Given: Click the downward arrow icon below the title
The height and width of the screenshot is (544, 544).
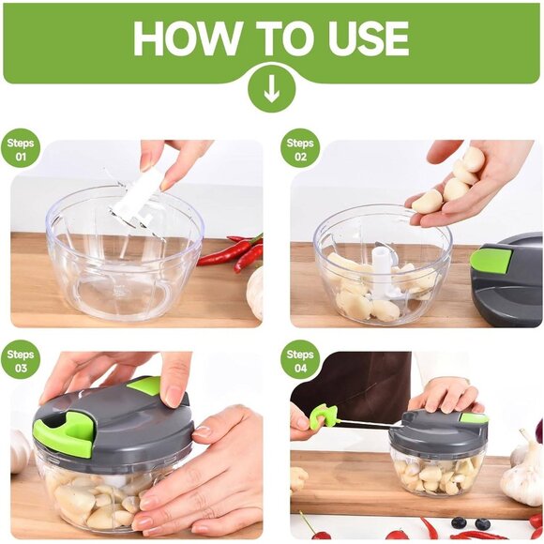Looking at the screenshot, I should (x=271, y=90).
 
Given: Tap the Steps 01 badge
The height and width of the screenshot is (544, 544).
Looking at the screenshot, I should (x=21, y=149).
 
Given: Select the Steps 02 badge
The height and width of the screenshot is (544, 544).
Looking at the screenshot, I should (x=299, y=149).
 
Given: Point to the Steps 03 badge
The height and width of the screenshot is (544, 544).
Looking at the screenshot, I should (x=21, y=360).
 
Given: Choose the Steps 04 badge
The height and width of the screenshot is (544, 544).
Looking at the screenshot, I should (x=299, y=360).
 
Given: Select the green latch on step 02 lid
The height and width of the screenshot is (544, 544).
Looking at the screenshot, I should (x=491, y=260).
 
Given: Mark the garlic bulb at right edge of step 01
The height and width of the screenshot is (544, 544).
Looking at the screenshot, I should (x=255, y=291).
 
